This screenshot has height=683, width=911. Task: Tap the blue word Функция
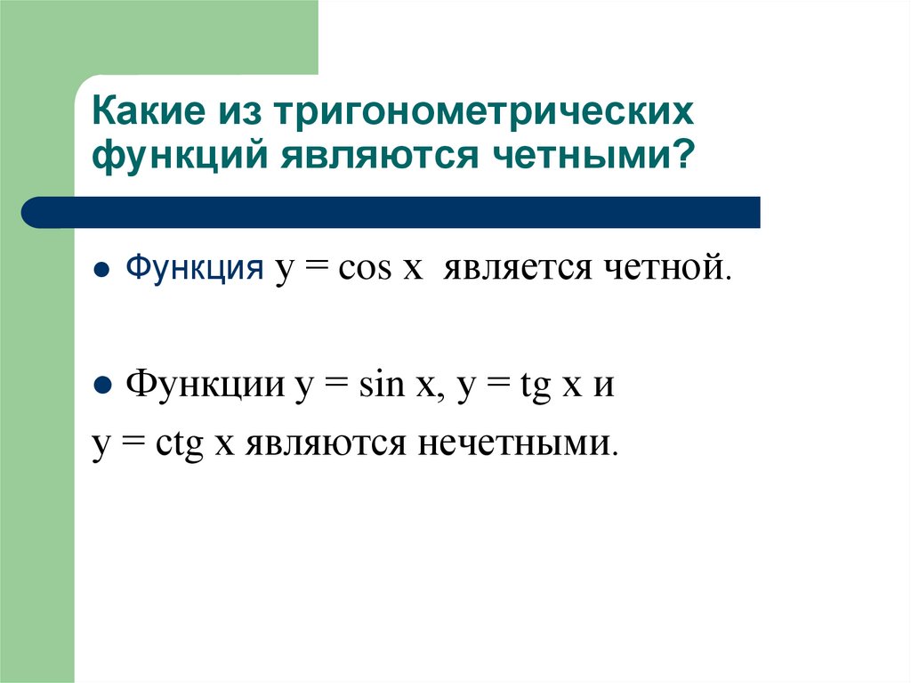[x=194, y=268]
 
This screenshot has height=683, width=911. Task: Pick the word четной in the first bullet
[x=669, y=268]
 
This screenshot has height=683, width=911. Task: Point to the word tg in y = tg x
[x=536, y=388]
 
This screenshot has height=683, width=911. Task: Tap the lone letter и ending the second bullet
[x=604, y=388]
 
